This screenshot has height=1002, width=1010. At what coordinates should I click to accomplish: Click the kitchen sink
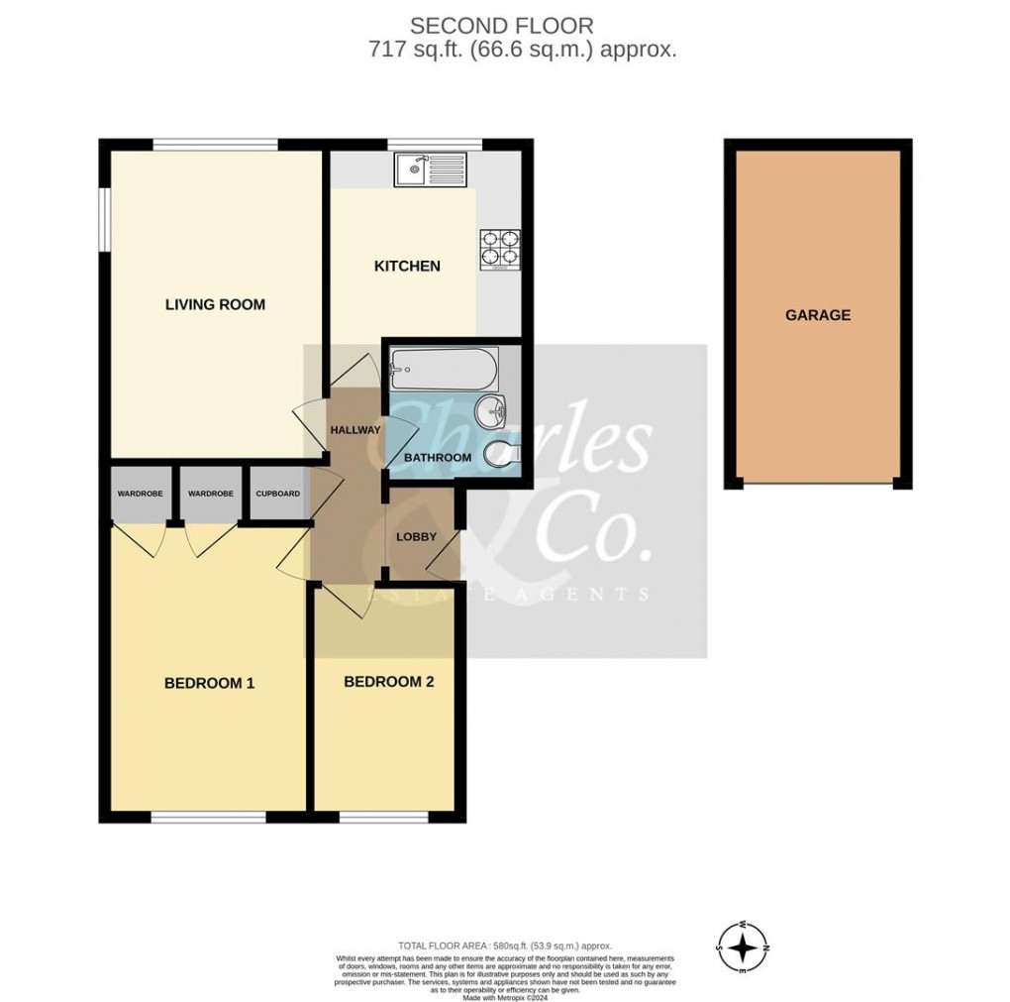tap(422, 170)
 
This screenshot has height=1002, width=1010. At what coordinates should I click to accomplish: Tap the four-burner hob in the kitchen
tap(500, 249)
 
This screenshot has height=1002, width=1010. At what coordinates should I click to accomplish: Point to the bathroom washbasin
tap(492, 408)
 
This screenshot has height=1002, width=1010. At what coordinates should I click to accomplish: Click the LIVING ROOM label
tap(215, 304)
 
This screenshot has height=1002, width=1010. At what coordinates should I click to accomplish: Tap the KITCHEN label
tap(406, 266)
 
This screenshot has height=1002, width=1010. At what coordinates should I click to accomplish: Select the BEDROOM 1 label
tap(209, 683)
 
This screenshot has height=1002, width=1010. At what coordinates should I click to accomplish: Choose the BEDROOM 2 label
tap(388, 682)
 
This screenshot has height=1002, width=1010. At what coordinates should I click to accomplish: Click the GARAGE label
tap(818, 315)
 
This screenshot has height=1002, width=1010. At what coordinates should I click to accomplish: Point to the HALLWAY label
tap(355, 430)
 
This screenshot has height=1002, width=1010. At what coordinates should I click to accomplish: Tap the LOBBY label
tap(417, 536)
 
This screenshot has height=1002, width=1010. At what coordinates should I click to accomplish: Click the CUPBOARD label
tap(278, 494)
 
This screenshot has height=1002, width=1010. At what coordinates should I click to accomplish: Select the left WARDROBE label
tap(141, 494)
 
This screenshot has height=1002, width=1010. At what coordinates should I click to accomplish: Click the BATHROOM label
tap(437, 457)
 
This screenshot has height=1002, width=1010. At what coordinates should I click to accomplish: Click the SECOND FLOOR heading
tap(504, 26)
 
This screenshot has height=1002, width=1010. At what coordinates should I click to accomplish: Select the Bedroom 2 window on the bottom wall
tap(383, 818)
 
